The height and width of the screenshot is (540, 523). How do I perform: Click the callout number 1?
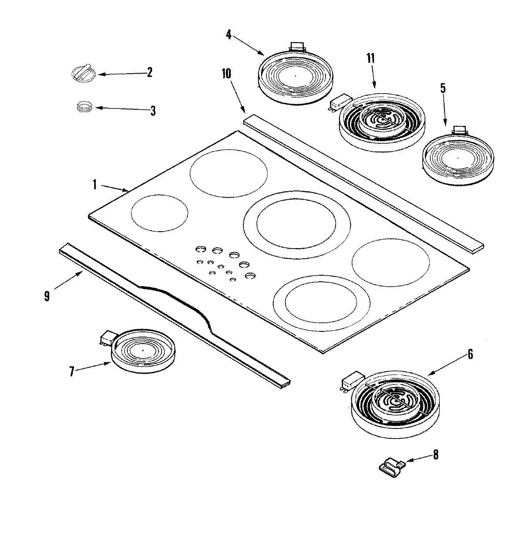click(94, 184)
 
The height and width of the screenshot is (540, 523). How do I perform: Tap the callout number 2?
click(149, 72)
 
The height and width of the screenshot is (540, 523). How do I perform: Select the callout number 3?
click(153, 111)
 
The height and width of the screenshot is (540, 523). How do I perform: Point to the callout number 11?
click(370, 58)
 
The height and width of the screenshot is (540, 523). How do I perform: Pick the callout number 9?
click(47, 296)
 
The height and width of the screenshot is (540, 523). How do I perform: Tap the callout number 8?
click(435, 456)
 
